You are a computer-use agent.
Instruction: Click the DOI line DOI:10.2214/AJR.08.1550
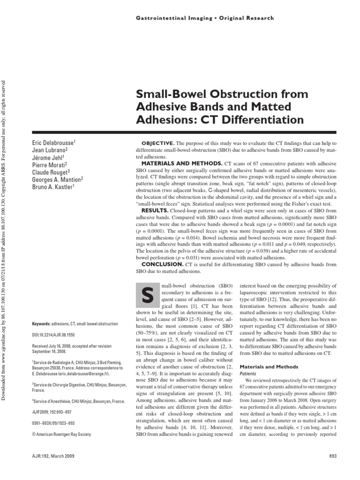coord(60,335)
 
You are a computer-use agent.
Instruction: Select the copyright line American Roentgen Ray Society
coord(64,434)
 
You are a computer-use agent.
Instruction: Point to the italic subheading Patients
coord(248,375)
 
